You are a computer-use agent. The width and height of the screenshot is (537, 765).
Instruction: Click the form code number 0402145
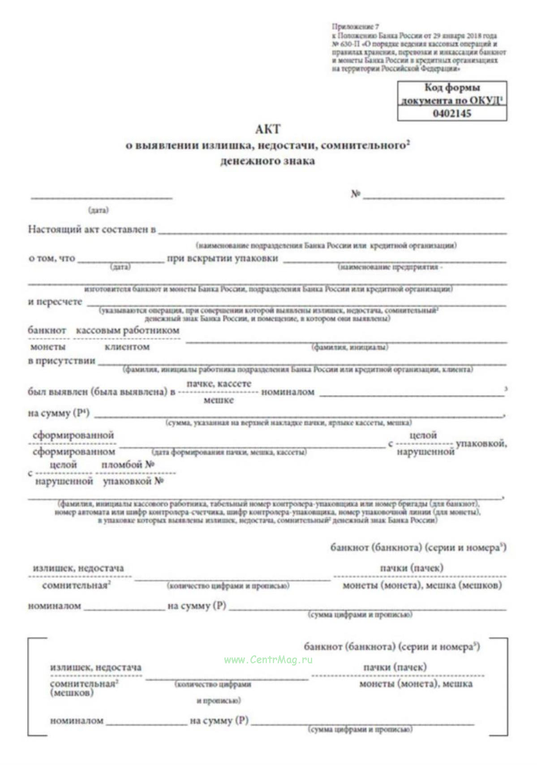451,113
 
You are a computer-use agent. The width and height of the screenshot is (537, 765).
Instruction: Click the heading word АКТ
268,129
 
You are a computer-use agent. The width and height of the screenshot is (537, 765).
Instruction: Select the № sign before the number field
356,194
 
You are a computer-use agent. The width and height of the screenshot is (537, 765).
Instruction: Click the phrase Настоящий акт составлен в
92,230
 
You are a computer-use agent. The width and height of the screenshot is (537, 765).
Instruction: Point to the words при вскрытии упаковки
223,258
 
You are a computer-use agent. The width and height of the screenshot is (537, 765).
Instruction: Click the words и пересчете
55,302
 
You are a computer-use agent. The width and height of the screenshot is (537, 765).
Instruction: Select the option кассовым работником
128,331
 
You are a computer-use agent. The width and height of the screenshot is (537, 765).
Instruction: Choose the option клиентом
127,347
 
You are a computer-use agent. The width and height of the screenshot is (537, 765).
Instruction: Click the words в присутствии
62,361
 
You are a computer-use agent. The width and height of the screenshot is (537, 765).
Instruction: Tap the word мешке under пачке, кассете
219,400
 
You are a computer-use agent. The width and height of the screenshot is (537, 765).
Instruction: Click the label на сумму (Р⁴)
59,413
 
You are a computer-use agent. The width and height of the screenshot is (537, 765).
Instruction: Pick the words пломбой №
128,465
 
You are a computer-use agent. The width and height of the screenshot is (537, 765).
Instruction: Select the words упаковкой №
133,481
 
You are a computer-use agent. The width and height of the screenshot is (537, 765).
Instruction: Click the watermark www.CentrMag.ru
268,660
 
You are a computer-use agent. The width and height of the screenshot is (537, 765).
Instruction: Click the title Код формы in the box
451,88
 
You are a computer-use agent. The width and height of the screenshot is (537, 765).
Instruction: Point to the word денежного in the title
245,161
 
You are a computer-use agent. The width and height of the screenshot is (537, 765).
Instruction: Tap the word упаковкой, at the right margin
481,443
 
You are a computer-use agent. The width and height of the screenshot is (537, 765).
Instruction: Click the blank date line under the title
101,197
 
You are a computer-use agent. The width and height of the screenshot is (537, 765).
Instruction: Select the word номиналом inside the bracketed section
77,721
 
